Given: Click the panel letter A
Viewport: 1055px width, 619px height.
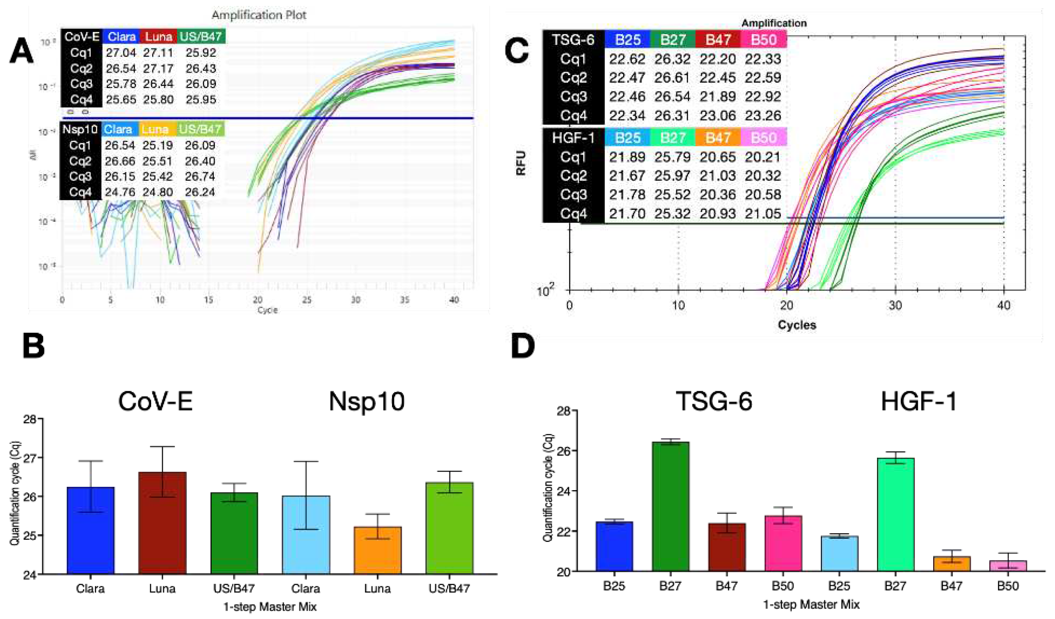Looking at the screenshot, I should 22,51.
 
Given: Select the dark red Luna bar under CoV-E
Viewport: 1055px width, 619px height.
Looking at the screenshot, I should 162,523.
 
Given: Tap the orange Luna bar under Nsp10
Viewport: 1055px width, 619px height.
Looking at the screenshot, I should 377,550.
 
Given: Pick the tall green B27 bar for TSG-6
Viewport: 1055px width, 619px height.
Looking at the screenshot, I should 670,506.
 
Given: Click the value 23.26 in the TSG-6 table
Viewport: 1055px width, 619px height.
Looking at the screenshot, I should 763,115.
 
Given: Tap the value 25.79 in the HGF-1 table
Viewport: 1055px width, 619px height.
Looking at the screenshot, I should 672,157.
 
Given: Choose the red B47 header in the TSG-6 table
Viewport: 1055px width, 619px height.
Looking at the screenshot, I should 718,40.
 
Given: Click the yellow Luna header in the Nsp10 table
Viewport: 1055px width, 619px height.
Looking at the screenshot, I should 155,129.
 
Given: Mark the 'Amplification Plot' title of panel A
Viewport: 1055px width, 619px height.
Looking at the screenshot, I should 259,15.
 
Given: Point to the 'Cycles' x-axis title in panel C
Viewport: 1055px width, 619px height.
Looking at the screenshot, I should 797,325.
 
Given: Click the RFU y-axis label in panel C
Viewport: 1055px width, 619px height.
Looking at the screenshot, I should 521,163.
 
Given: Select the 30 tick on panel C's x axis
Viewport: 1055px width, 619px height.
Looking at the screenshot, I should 895,306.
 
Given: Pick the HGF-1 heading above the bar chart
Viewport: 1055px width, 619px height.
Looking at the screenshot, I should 919,401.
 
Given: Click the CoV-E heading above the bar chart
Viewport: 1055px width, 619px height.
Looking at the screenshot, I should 155,401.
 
